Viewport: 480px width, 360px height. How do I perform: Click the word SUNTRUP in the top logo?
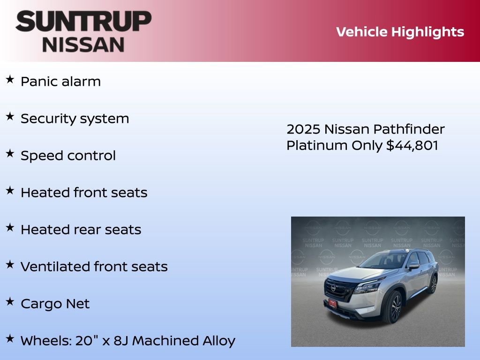(x=83, y=22)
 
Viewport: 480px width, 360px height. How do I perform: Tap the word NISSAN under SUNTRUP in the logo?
(x=83, y=44)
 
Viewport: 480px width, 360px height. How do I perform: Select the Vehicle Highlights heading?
(x=400, y=32)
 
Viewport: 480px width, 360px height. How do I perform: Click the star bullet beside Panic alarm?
(x=10, y=79)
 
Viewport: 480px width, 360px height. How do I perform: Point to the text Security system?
(x=75, y=119)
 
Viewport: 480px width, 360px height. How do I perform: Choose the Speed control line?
(x=68, y=156)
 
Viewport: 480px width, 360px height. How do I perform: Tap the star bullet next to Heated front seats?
(x=10, y=190)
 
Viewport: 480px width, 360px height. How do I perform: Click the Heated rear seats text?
(x=81, y=230)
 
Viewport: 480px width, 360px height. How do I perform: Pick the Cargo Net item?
(x=55, y=304)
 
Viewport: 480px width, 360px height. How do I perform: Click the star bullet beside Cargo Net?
(x=10, y=301)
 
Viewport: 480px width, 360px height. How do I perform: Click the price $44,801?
(x=412, y=145)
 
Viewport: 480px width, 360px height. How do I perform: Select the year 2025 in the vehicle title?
(x=303, y=129)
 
